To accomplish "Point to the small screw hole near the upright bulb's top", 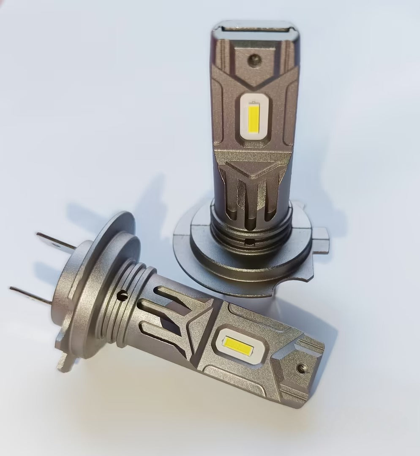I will click(x=253, y=60).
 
